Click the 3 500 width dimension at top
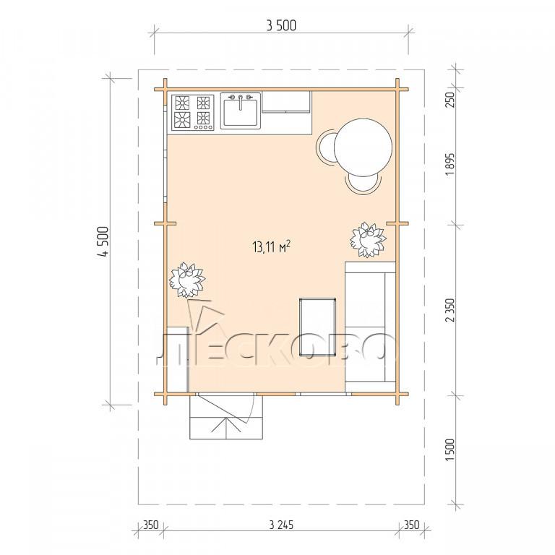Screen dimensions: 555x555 click(281, 26)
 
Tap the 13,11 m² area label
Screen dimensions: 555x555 click(272, 246)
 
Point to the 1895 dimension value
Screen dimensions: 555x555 click(449, 165)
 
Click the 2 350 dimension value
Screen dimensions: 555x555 click(449, 311)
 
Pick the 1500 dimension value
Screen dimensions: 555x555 click(449, 450)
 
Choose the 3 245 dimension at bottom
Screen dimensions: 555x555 click(281, 525)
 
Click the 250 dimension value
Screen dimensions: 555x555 click(449, 100)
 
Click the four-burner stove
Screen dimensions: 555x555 click(193, 112)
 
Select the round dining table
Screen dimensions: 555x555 click(363, 147)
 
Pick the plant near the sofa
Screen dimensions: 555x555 click(368, 240)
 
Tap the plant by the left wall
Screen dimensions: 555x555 click(187, 280)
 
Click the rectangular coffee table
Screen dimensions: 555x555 click(317, 327)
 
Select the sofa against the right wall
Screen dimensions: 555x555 click(370, 327)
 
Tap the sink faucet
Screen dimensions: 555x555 click(241, 102)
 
